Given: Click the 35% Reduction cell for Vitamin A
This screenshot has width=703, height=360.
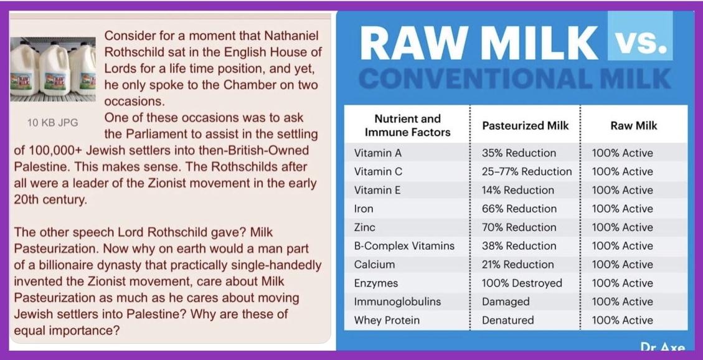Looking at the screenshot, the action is tap(519, 153).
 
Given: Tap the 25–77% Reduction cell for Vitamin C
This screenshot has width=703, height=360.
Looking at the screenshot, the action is tap(527, 172).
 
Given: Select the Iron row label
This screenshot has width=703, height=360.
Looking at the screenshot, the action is tap(364, 209).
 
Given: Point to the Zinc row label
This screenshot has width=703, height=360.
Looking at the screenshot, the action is tap(364, 227).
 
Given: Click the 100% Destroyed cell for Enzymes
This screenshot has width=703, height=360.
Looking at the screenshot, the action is tap(522, 283).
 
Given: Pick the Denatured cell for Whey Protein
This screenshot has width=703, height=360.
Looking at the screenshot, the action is tap(507, 320).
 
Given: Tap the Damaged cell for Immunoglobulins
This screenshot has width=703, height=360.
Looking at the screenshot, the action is tap(505, 301).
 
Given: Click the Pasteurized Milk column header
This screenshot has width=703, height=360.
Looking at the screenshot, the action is tap(525, 126).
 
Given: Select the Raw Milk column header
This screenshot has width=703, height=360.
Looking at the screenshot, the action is tap(633, 126).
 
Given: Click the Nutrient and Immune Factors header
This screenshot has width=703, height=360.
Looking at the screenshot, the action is tap(408, 126).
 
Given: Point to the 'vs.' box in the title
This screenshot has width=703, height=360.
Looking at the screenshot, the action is tap(639, 36).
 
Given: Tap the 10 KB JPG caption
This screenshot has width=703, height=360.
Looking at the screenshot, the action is tap(52, 123).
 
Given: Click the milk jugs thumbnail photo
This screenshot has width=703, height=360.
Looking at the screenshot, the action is tap(53, 69).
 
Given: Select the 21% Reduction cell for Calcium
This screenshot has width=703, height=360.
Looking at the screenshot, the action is tap(519, 265).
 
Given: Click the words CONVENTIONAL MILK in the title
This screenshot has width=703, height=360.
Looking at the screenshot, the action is tap(515, 79).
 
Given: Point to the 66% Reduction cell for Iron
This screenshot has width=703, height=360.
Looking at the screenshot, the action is tap(519, 209).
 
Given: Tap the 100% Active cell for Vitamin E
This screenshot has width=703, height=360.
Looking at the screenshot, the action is tap(622, 190).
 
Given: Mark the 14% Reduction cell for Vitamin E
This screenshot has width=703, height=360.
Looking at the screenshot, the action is tap(518, 190).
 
